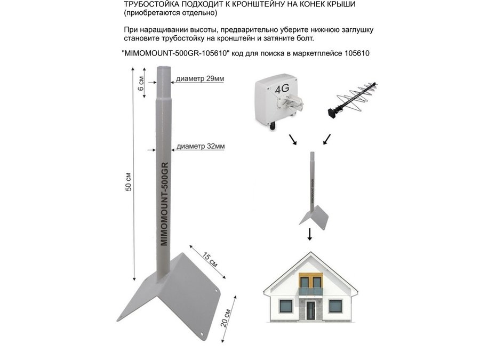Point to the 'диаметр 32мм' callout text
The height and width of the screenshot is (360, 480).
(x=200, y=146)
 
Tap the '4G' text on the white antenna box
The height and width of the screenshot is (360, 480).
(x=281, y=89)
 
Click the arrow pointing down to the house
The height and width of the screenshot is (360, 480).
(x=309, y=235)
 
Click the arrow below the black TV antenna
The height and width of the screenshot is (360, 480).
(x=326, y=140)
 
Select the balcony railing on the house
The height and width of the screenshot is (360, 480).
(x=310, y=291)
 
